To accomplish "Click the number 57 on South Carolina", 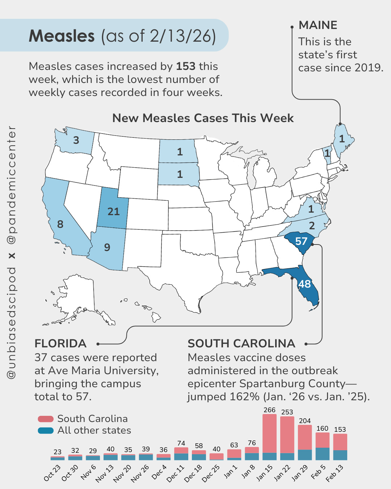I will point(301,241).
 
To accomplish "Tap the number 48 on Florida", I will point(304,284).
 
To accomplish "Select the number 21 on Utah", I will point(113,212).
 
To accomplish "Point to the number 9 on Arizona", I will point(107,247).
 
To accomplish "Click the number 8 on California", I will point(60,225).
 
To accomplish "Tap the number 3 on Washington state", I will point(76,140).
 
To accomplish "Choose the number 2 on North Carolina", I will point(312,226).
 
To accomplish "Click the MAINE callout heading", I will point(318,25).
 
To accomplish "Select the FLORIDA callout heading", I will point(60,343).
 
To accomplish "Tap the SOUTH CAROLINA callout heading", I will point(241,343).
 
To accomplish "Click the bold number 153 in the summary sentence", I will point(186,66).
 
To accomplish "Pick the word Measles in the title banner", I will point(62,36).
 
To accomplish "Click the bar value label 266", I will point(269,410).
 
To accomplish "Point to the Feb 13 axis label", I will point(335,473).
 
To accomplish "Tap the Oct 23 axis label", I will point(52,473).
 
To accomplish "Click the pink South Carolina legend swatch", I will point(46,419).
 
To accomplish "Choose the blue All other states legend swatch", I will point(46,431).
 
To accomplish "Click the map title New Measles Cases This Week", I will point(203,118).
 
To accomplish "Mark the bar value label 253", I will point(287,412).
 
